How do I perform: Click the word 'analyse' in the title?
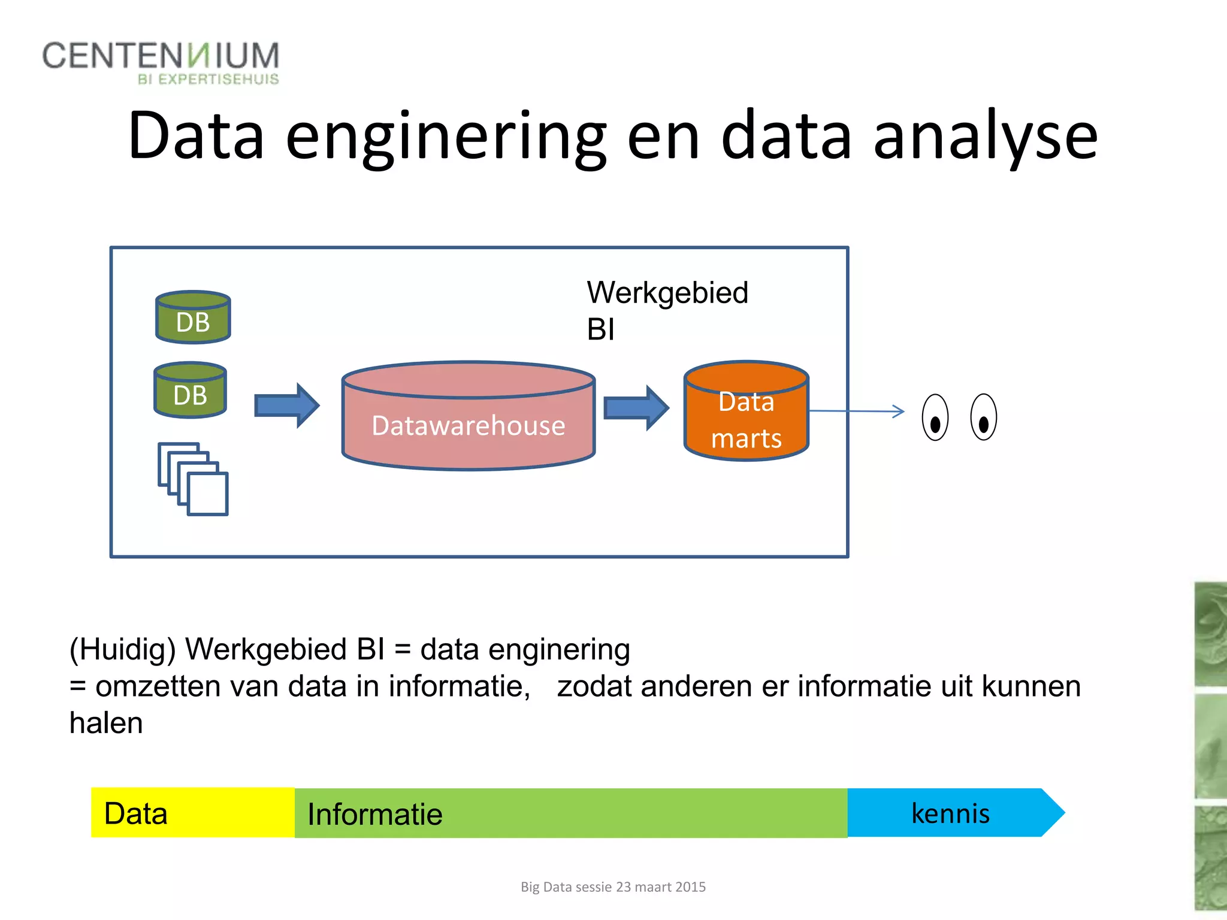point(985,137)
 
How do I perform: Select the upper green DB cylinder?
point(193,318)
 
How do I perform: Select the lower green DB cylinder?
point(191,391)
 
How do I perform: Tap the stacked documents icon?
point(194,479)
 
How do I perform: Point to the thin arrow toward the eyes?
point(857,411)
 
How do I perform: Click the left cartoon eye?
point(935,417)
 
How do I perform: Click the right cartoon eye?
point(983,417)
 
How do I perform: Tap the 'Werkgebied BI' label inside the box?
point(667,310)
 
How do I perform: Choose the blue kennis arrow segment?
point(953,813)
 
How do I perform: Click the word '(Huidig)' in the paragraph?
point(123,649)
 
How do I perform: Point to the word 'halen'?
point(106,723)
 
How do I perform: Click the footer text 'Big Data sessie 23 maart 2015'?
point(613,887)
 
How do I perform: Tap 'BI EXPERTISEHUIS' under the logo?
point(208,80)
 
